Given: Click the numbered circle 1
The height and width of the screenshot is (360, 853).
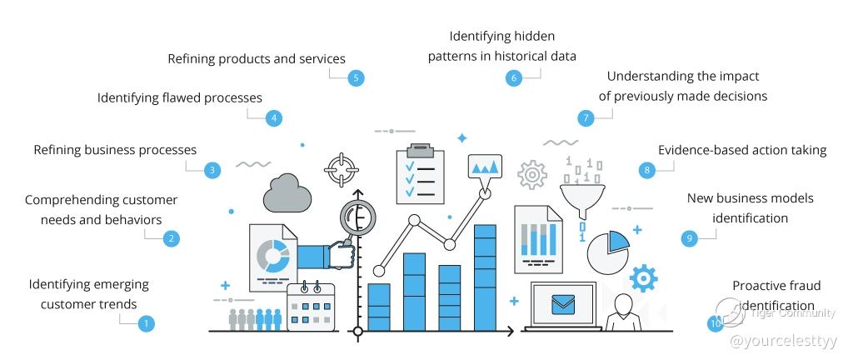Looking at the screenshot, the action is (x=145, y=324).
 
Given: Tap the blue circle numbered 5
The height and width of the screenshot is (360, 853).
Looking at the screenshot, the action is (x=356, y=77).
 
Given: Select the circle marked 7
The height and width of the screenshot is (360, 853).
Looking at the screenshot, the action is (x=586, y=118).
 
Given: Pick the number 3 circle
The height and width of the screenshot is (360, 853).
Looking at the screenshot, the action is (x=212, y=170).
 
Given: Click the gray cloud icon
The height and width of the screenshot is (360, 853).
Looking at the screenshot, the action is (x=287, y=193).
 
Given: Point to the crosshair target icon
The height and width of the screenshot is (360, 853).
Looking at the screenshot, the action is (x=341, y=170).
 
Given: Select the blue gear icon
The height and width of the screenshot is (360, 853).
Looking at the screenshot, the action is (x=643, y=278).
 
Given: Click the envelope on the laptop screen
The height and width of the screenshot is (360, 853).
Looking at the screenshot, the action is (x=562, y=304).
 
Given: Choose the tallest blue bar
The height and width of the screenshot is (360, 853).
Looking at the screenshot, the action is (x=485, y=277).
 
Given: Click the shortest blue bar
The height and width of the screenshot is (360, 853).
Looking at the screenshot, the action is (x=379, y=307).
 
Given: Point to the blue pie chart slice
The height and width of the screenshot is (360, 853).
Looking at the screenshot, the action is (x=619, y=240).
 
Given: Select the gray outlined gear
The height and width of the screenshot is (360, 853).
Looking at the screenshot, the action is (x=532, y=174).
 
